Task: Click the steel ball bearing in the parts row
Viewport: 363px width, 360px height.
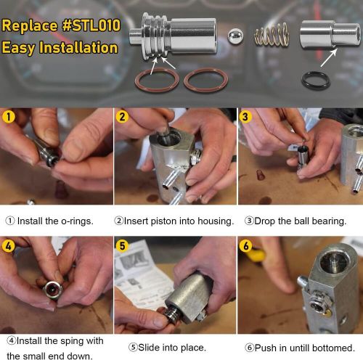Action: (x=235, y=36)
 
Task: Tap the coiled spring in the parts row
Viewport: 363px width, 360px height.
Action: (x=272, y=34)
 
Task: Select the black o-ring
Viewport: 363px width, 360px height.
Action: (x=316, y=80)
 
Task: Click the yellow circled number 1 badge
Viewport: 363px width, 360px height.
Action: (x=9, y=117)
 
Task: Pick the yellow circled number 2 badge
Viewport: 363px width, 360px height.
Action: (x=122, y=117)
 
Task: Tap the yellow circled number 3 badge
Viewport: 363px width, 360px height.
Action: (x=245, y=117)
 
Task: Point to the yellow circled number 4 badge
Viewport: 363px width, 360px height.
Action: (x=9, y=246)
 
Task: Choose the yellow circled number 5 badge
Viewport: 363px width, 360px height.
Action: (x=122, y=246)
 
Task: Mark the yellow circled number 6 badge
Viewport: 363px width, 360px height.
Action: (x=245, y=246)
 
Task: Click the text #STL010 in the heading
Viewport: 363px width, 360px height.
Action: (x=91, y=25)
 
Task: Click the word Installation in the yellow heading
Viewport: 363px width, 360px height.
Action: (x=78, y=47)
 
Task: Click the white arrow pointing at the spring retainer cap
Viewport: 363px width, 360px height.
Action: (x=329, y=57)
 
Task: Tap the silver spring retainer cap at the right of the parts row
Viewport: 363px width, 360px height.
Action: (x=330, y=34)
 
